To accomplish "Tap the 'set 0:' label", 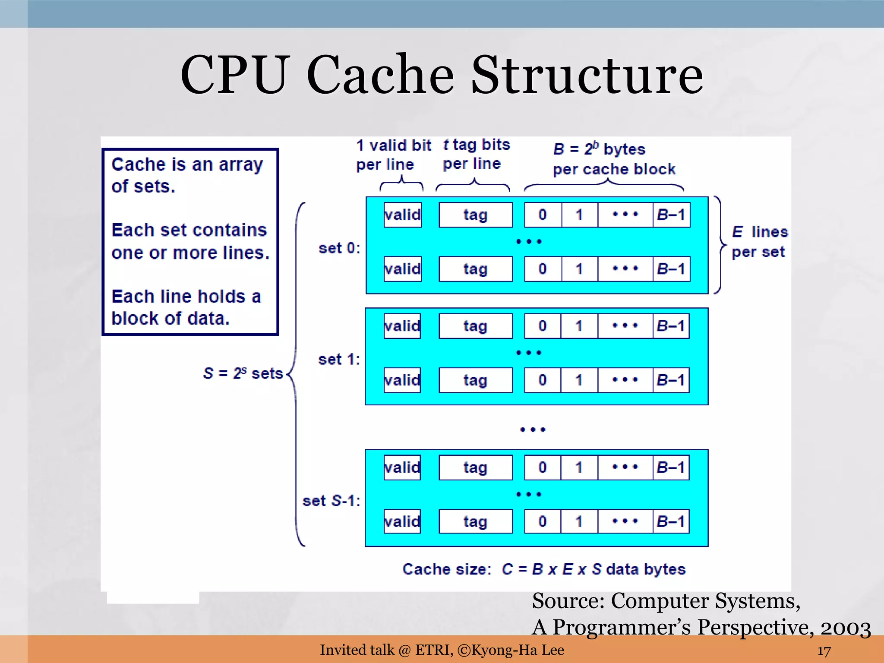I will (339, 248).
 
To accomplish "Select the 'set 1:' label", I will (339, 359).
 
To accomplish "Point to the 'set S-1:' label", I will (331, 501).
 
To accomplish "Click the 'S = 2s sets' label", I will (243, 373).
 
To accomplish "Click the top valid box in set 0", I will (402, 215).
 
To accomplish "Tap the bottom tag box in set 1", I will (475, 380).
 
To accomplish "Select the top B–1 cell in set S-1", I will (671, 467).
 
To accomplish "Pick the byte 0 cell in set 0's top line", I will (543, 215).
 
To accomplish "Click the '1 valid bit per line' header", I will (393, 155).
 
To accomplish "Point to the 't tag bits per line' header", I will (476, 154).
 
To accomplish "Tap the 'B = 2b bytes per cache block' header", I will (613, 159).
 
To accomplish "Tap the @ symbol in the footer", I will (404, 650).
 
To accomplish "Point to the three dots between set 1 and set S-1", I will (533, 429).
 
